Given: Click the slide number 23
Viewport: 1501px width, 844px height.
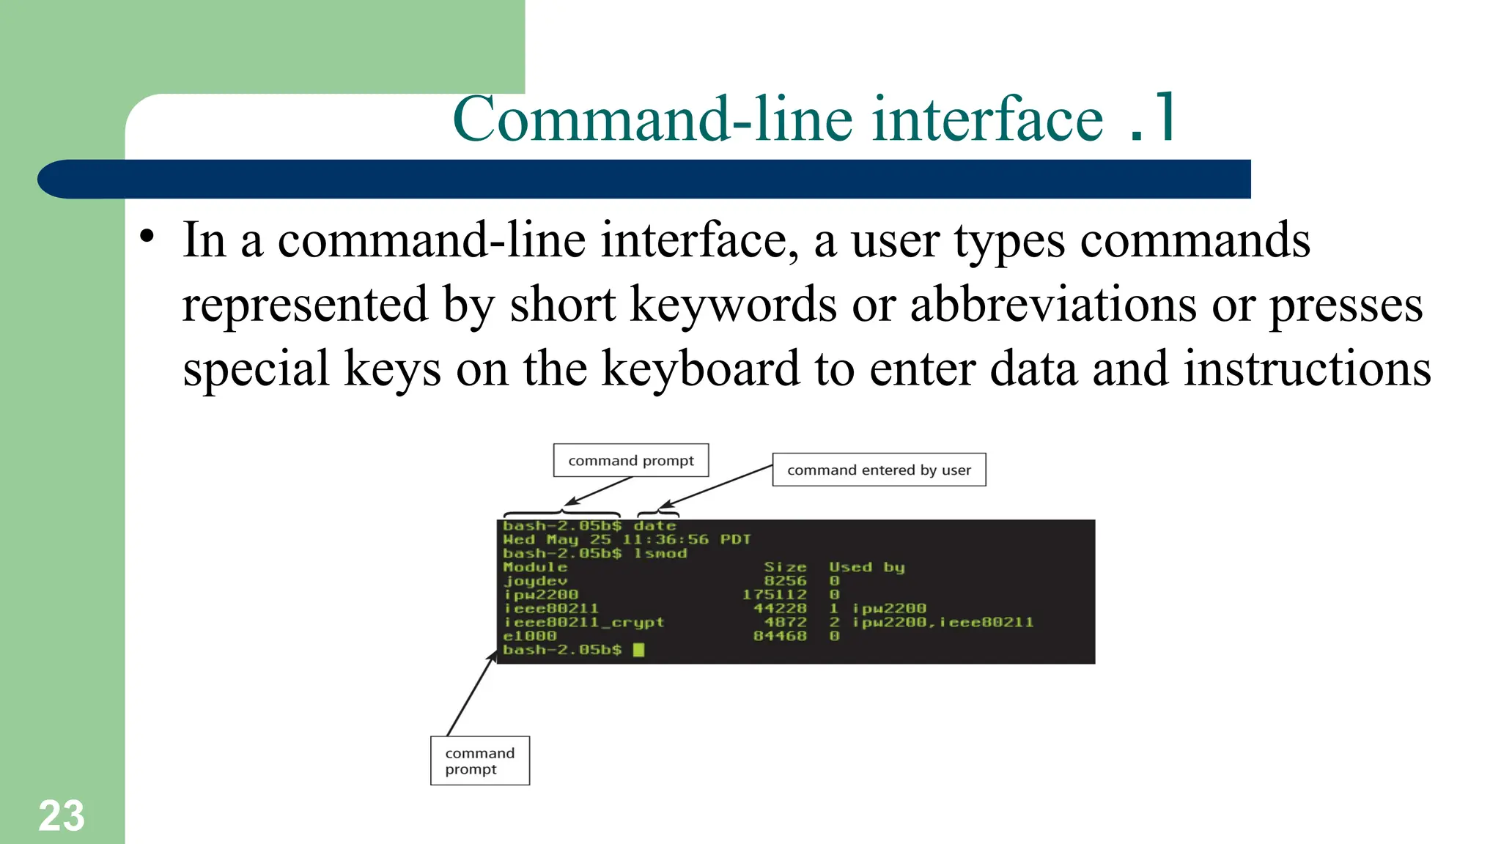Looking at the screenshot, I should pos(62,815).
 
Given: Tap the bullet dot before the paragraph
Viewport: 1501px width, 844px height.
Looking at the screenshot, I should pos(147,236).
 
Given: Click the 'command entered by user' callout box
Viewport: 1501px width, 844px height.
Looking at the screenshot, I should pos(879,470).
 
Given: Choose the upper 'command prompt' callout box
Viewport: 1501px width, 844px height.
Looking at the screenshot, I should pos(630,461).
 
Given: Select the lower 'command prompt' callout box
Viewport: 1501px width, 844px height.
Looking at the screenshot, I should pos(479,760).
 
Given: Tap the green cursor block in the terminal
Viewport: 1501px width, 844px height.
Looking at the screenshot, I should pos(638,650).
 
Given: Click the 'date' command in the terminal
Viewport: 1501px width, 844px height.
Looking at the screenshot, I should pos(654,526).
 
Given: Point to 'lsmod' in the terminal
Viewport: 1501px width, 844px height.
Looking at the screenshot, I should pos(660,553).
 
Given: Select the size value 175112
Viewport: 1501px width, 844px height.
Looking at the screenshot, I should pos(774,594).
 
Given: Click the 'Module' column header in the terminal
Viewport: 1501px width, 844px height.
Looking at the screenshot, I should pos(535,567).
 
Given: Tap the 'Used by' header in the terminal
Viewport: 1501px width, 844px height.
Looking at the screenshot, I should pos(866,567).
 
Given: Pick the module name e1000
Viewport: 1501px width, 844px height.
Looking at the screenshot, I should pos(530,636).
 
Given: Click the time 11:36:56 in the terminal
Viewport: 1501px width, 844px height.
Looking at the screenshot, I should pos(665,540).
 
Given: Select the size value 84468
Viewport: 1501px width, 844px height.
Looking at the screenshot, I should pos(779,636).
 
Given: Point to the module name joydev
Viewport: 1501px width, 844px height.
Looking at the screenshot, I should pos(535,581).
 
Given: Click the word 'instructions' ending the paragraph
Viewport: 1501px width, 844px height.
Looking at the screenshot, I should pos(1307,369).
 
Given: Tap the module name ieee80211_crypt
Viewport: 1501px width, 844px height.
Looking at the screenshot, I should pos(583,622).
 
